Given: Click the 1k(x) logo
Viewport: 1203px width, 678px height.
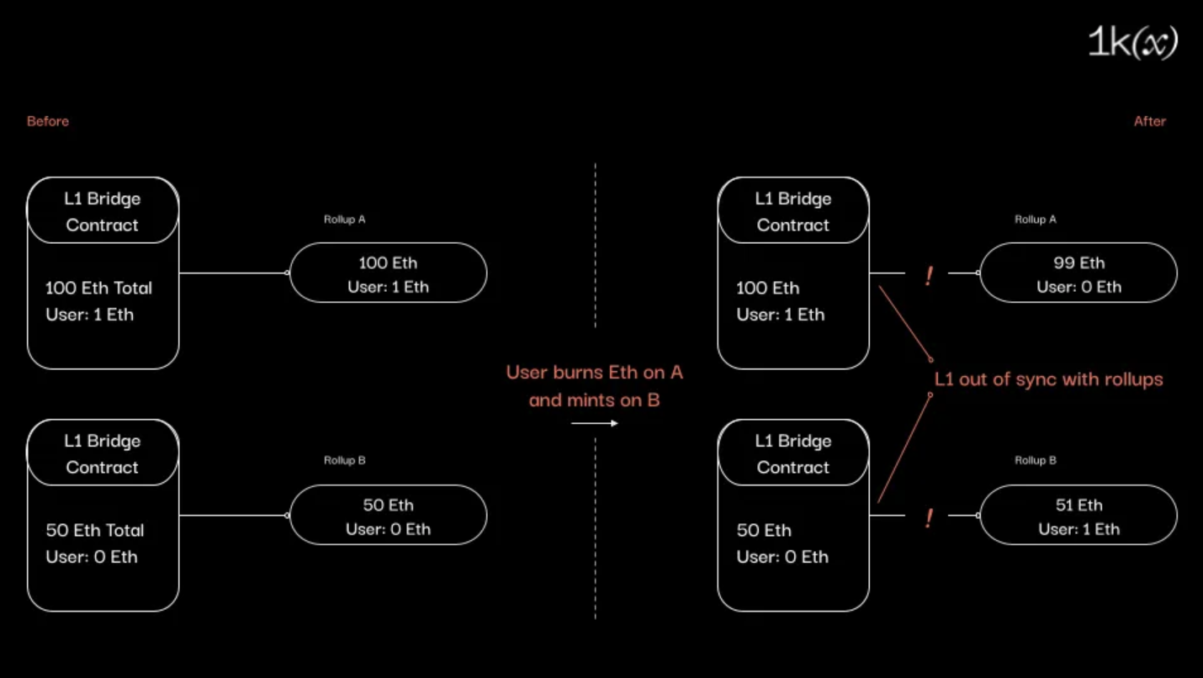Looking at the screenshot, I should [x=1132, y=43].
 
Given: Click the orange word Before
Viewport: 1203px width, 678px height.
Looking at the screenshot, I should [x=48, y=121].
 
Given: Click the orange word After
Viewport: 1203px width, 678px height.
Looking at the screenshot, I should [x=1149, y=121].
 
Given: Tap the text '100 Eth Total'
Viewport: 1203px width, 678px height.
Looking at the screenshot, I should [x=98, y=288].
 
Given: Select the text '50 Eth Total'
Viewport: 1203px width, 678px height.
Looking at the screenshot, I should [x=95, y=530].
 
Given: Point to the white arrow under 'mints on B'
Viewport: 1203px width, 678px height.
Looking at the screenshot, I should [x=594, y=423].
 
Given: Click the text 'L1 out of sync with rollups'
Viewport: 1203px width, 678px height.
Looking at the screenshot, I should [x=1048, y=379].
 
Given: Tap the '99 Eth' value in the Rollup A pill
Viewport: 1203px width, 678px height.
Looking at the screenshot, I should [x=1078, y=262].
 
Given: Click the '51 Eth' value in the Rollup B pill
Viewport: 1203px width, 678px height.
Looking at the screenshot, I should [x=1078, y=505].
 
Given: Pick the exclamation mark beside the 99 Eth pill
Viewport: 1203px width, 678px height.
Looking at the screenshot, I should [x=929, y=276].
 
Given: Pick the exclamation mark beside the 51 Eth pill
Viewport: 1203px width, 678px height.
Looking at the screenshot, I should [x=929, y=518].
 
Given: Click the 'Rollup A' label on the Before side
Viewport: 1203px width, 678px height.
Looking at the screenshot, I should [x=345, y=220].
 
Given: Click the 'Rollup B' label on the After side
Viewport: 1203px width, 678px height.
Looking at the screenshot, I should [x=1036, y=461].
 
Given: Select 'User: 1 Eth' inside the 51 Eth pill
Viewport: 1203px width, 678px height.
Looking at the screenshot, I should [x=1078, y=529].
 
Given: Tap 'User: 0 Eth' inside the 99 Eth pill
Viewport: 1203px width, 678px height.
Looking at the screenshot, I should [x=1078, y=287].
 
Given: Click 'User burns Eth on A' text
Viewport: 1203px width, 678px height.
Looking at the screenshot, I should [x=594, y=373].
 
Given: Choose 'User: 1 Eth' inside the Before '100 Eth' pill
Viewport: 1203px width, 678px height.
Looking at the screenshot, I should [x=388, y=287].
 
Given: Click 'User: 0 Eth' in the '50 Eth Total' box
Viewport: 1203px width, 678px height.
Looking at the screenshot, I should [x=92, y=557].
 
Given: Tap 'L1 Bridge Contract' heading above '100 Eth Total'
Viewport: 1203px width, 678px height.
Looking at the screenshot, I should [x=103, y=212].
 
